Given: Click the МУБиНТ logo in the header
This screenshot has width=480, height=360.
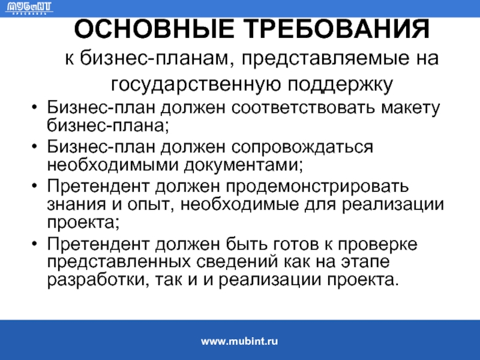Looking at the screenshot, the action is [29, 8].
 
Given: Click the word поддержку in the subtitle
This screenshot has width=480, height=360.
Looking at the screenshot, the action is [340, 85].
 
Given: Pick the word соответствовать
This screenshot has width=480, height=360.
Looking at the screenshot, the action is [303, 108].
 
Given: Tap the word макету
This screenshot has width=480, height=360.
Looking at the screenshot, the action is [410, 109].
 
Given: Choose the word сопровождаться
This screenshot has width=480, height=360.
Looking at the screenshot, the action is [302, 148].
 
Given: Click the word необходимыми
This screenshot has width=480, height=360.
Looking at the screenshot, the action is [113, 165].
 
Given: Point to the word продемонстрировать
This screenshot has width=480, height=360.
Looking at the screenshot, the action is [317, 187].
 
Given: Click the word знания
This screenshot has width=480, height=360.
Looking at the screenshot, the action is [76, 205].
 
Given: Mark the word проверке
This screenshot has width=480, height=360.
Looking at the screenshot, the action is [377, 245].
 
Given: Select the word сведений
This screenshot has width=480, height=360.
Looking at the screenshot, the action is [237, 262].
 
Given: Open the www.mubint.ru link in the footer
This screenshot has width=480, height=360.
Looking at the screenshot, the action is [239, 341].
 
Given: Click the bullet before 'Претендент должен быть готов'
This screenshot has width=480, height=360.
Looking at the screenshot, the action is [35, 244].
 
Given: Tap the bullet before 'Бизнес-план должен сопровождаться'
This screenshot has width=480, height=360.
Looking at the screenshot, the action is [35, 146].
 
